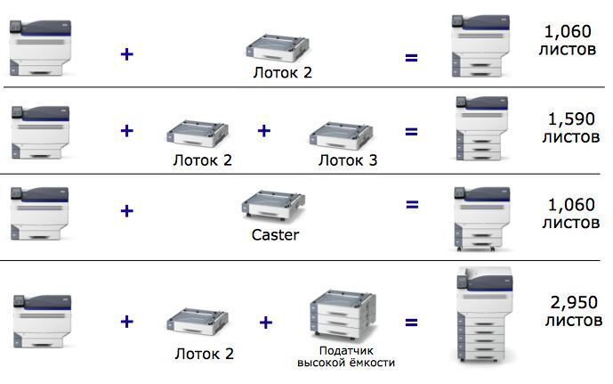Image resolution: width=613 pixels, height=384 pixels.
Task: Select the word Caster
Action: (x=275, y=235)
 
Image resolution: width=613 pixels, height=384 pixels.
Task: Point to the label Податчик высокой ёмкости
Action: (x=345, y=356)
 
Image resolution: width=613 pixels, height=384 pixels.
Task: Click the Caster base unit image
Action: (x=273, y=208)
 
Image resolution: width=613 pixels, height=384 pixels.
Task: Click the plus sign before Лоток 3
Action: (x=263, y=131)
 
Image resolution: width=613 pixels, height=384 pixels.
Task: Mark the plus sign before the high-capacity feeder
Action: (x=263, y=321)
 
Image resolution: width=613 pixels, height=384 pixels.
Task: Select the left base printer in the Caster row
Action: (x=41, y=212)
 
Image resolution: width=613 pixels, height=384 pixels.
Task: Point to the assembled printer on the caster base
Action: (x=480, y=217)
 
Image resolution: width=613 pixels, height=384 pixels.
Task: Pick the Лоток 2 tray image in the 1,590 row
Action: (x=198, y=135)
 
